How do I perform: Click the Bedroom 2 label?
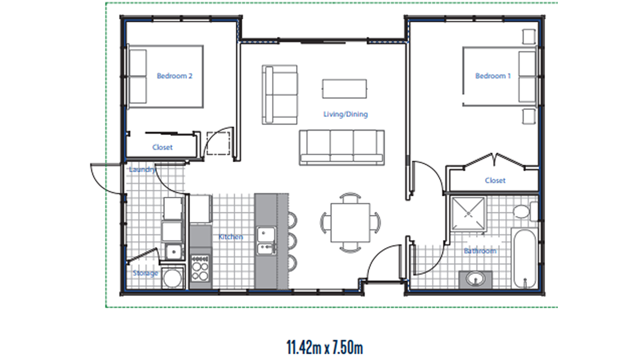coord(174,76)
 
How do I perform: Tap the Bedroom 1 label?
coord(493,76)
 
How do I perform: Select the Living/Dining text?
coord(346,114)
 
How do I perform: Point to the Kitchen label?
coord(230,237)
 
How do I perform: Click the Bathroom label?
coord(480,251)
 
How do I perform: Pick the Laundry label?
coord(142,170)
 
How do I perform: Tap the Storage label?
coord(146,274)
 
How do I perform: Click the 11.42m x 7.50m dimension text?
coord(325,347)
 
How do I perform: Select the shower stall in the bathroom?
coord(468,213)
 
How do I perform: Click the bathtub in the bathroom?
coord(525,259)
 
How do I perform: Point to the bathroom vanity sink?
coord(475,279)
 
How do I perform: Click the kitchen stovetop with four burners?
coord(200,268)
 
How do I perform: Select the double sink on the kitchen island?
coord(266,241)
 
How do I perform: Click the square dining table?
coord(350,222)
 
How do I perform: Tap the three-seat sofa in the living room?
coord(342,148)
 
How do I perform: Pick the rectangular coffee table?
coord(345,89)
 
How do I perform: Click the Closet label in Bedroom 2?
coord(162,147)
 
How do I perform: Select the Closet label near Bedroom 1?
coord(495,181)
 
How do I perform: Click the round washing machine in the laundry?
coord(172,277)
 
